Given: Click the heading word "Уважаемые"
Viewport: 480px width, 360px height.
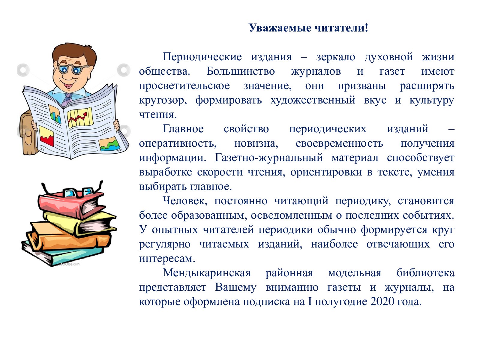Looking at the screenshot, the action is coord(280,28).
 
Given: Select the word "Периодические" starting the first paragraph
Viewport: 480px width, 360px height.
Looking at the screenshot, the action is coord(202,57).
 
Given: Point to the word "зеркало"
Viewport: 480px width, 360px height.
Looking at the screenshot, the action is coord(336,57).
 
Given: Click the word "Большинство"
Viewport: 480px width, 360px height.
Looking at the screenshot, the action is coord(241,71).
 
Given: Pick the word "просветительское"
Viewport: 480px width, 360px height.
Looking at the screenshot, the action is coord(184,86).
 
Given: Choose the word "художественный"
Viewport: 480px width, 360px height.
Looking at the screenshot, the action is coord(313,100).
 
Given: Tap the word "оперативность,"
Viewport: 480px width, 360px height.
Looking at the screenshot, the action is coord(178,144).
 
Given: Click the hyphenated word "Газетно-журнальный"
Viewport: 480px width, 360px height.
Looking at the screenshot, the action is coord(269,158).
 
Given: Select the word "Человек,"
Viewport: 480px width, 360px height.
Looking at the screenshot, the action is coord(185,201).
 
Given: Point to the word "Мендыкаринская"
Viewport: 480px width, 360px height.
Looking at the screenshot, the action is coord(207,273).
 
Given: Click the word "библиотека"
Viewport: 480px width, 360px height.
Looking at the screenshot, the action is coord(425,273).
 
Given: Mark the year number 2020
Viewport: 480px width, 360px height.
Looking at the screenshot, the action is coord(382,302).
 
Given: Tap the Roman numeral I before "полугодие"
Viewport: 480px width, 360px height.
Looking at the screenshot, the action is coord(310,302).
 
